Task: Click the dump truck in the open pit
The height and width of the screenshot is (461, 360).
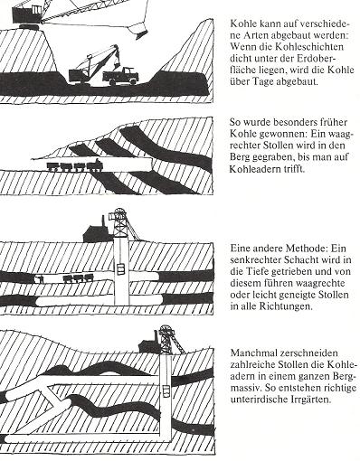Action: coord(120,77)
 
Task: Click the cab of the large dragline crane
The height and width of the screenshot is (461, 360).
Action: coord(26,14)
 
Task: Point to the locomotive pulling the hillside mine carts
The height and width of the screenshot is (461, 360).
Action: coord(95,165)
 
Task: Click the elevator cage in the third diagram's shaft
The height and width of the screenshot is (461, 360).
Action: coord(120,268)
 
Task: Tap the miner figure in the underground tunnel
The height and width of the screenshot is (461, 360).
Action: coord(40,278)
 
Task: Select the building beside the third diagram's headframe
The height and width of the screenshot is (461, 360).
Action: coord(96,232)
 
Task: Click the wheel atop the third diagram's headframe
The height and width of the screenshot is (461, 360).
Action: coord(119,212)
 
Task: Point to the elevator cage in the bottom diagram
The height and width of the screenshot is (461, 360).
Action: coord(166,391)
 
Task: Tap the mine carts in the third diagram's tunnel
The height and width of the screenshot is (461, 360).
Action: coord(77,278)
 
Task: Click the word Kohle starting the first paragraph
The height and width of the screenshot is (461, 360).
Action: coord(241,24)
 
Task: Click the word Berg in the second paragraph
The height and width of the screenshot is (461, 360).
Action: coord(240,157)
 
